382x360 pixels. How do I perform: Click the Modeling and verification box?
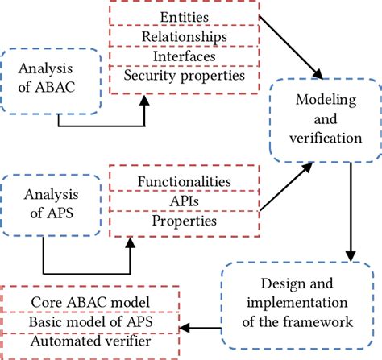[323, 118]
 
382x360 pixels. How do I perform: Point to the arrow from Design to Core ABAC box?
[201, 328]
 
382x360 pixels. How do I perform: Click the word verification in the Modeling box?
[323, 138]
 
